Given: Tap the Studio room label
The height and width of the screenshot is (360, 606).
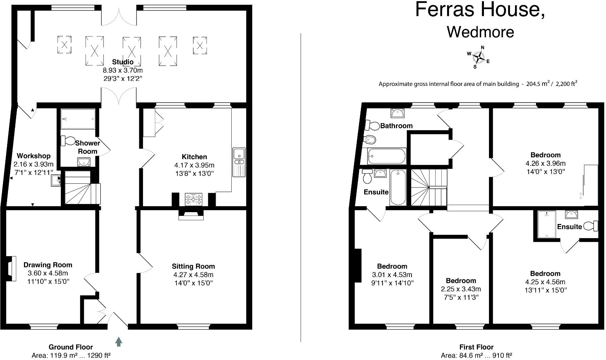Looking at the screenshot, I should coord(123,62).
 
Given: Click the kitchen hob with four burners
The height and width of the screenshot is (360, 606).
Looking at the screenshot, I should coord(194,199).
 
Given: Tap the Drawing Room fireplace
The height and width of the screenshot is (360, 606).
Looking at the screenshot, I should coord(12,268).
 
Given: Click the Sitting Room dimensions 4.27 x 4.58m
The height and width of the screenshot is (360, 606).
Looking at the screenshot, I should coord(193,275).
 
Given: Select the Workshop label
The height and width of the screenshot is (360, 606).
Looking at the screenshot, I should coord(33,156).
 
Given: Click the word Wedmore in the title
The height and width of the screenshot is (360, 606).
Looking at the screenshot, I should coord(480,32).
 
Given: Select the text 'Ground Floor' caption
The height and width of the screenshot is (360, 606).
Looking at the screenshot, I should coord(71,347).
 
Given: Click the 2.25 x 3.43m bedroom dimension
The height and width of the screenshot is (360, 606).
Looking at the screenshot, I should coord(461,289).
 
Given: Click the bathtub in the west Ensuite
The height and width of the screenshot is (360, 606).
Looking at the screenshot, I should coord(398,188).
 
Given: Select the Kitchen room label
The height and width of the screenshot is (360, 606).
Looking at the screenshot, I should coord(194,157).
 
